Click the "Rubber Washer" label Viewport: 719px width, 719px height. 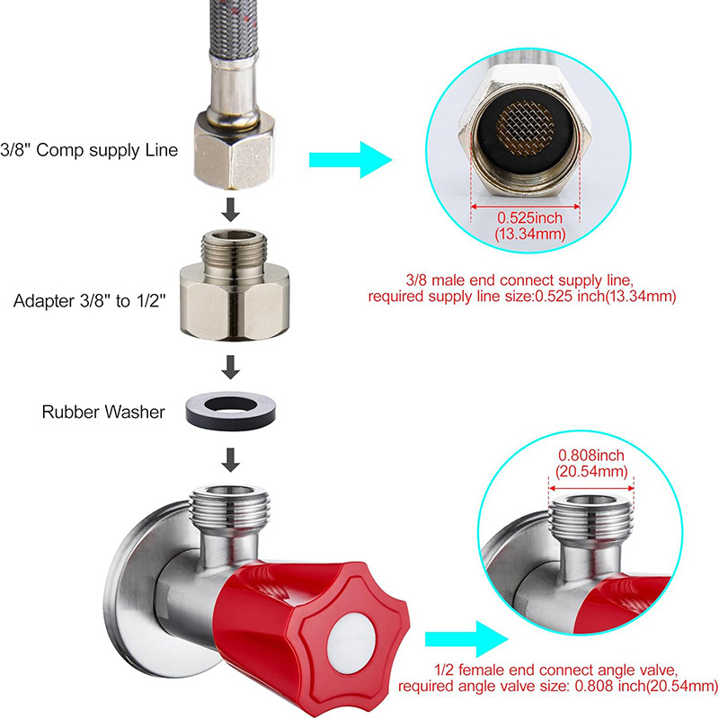pyautogui.click(x=103, y=412)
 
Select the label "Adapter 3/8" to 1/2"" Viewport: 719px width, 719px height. pyautogui.click(x=89, y=301)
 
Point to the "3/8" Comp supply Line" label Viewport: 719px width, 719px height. pyautogui.click(x=89, y=150)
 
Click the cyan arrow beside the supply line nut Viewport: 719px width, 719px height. pyautogui.click(x=351, y=160)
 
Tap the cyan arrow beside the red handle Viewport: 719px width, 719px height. pyautogui.click(x=466, y=639)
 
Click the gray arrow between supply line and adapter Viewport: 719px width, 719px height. pyautogui.click(x=231, y=210)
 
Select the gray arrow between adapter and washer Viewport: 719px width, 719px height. pyautogui.click(x=231, y=367)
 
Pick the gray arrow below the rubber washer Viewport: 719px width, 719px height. pyautogui.click(x=231, y=460)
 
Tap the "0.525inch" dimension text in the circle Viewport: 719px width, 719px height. pyautogui.click(x=529, y=217)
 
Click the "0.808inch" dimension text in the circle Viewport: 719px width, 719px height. pyautogui.click(x=591, y=456)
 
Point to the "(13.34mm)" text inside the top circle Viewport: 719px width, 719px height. pyautogui.click(x=530, y=234)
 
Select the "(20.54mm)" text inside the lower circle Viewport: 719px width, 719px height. pyautogui.click(x=591, y=471)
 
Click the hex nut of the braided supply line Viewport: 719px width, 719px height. pyautogui.click(x=234, y=150)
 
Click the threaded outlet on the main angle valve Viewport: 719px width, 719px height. pyautogui.click(x=229, y=507)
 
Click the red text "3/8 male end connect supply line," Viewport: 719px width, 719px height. pyautogui.click(x=519, y=280)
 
